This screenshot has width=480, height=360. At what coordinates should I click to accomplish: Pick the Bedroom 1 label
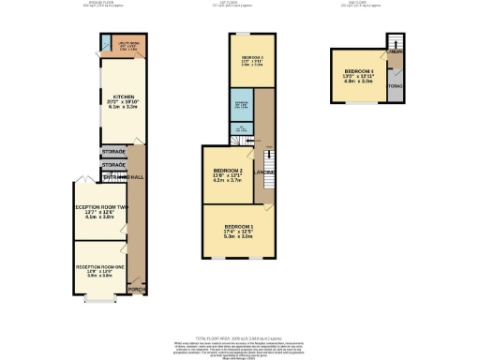point(240,226)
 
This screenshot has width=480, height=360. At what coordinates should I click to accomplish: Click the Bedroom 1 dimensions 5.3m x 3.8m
point(240,237)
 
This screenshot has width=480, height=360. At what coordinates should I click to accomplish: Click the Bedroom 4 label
point(359,71)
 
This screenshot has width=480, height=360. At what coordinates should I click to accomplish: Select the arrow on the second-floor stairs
point(396,46)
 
